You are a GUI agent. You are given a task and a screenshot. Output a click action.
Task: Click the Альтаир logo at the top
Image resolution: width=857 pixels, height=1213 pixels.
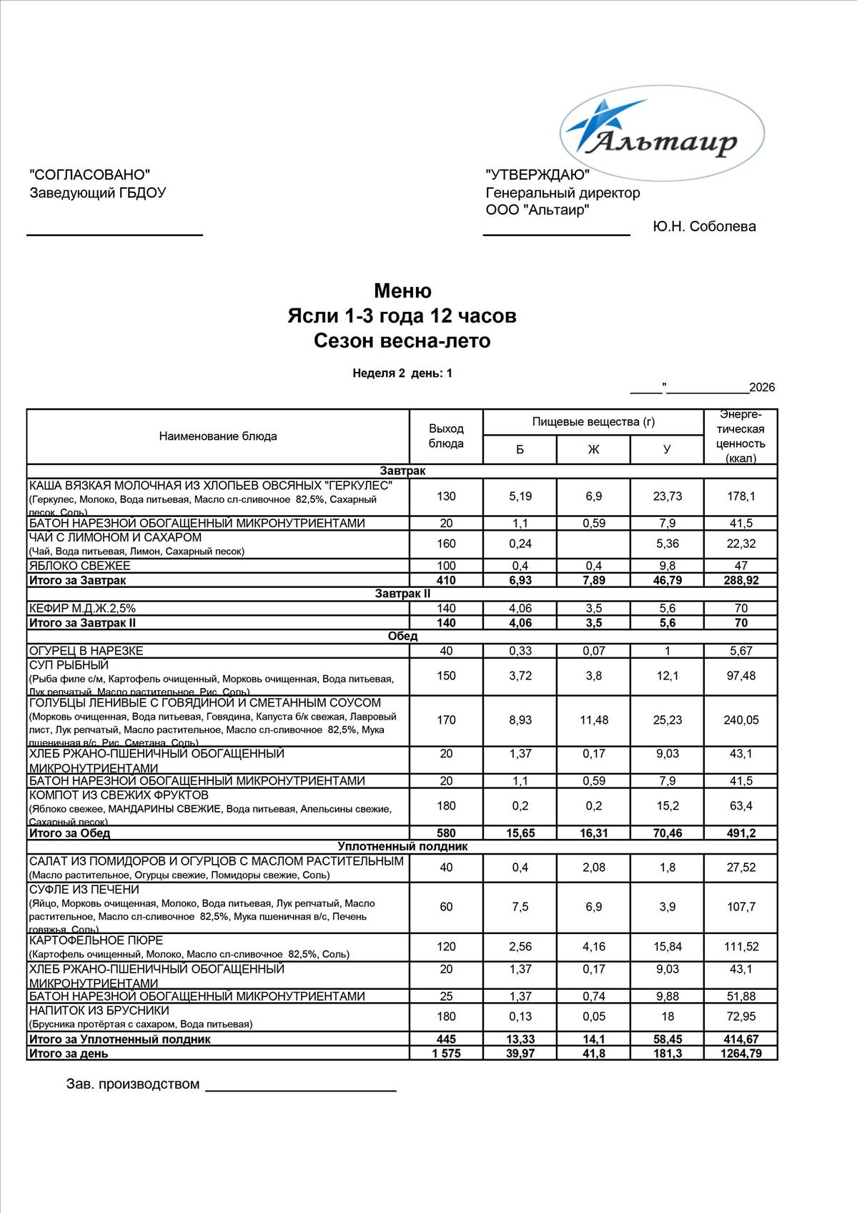click(661, 132)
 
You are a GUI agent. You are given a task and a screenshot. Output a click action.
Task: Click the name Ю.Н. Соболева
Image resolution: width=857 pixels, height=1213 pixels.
click(704, 227)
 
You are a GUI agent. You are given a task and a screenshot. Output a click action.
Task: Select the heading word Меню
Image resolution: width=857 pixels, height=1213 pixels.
click(402, 291)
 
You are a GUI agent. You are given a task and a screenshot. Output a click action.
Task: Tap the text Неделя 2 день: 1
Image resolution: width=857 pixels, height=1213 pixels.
click(402, 373)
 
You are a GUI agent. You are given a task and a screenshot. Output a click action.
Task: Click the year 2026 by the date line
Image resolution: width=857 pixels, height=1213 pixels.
click(762, 388)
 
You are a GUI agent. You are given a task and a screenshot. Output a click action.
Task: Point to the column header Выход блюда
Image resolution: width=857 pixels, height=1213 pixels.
click(446, 436)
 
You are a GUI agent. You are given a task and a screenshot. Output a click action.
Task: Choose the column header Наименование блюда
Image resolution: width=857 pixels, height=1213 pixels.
click(218, 436)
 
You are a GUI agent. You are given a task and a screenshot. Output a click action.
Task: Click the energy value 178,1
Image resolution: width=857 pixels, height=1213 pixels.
click(741, 496)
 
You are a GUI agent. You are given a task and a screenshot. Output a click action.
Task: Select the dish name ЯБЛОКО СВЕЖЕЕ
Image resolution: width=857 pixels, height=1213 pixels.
click(79, 566)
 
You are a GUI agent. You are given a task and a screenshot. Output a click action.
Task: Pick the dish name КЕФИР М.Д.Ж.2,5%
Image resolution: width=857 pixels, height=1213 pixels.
click(82, 609)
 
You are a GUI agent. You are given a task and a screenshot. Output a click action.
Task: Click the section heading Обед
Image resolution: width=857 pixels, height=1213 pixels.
click(402, 636)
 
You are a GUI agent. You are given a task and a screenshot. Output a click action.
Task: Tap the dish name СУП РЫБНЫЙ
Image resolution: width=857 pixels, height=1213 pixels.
click(69, 665)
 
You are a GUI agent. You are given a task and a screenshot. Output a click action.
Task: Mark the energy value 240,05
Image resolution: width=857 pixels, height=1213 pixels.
click(741, 720)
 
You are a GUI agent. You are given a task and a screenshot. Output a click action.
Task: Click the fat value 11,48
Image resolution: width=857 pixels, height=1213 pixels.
click(594, 720)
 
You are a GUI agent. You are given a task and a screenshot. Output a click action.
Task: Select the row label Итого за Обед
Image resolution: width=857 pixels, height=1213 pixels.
click(69, 833)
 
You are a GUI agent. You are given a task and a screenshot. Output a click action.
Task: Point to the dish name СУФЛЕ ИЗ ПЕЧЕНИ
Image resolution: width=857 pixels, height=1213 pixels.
click(84, 890)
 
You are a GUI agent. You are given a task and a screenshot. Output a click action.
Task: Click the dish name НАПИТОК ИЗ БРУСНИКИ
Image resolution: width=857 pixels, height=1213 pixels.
click(99, 1011)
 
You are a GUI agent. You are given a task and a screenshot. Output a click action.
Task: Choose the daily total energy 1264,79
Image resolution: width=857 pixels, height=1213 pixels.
click(741, 1054)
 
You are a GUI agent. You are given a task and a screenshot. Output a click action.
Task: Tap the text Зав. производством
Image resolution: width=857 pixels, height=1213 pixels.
click(133, 1084)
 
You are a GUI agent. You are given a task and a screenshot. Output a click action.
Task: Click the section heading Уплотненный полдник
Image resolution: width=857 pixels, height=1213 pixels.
click(402, 847)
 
